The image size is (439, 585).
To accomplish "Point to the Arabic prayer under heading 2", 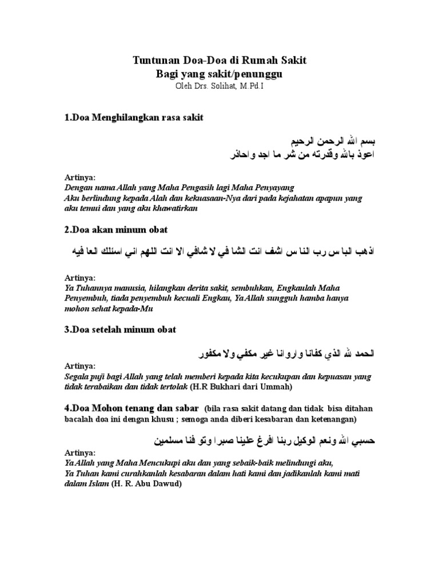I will [x=223, y=251].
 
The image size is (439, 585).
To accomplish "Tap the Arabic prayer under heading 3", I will [x=280, y=352].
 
